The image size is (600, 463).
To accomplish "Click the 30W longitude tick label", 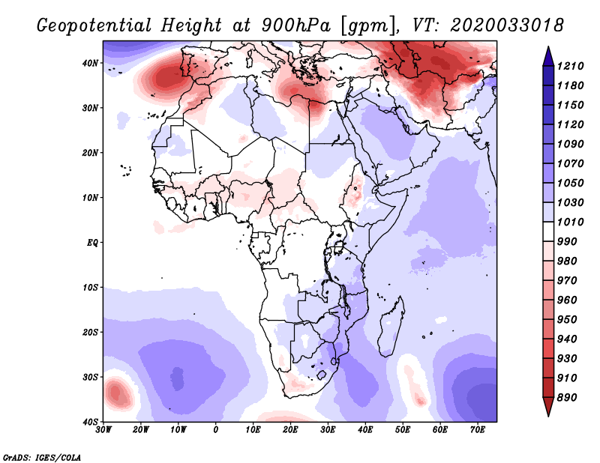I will click(x=103, y=431).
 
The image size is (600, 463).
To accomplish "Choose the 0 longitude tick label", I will click(x=216, y=431).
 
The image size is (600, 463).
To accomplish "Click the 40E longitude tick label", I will click(x=366, y=431).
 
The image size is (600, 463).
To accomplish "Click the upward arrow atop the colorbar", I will click(x=547, y=54).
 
